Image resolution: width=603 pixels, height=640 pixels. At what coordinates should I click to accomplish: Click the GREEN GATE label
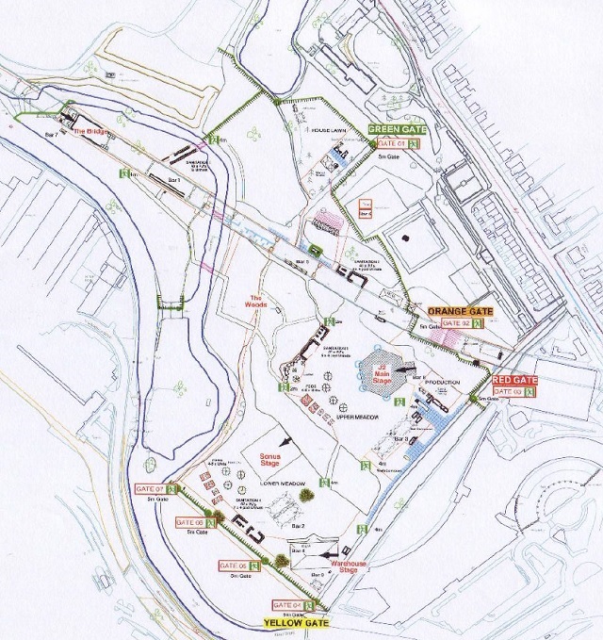click(x=399, y=129)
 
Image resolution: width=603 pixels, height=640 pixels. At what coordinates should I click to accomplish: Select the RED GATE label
click(x=515, y=379)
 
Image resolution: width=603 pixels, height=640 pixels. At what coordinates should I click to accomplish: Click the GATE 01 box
click(x=390, y=143)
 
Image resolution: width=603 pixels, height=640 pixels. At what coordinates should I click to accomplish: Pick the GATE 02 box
click(x=447, y=322)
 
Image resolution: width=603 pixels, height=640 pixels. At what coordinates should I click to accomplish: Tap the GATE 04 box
click(x=287, y=604)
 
